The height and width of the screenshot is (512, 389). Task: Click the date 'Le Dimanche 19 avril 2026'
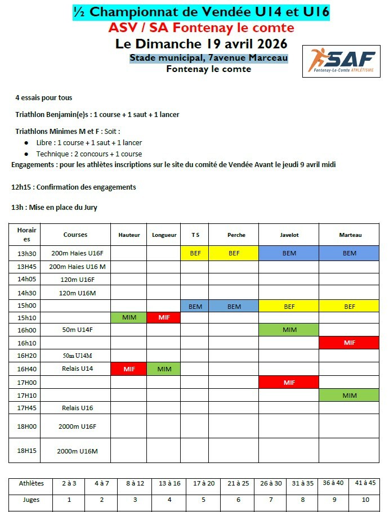[201, 43]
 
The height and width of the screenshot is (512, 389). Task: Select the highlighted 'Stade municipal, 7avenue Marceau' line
[208, 58]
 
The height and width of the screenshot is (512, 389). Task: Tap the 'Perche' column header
[234, 235]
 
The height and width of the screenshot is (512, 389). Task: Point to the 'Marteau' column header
[350, 235]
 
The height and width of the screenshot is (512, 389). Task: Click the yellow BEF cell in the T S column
[195, 253]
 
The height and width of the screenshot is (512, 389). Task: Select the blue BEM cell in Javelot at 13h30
[289, 253]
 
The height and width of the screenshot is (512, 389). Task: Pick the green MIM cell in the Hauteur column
[129, 318]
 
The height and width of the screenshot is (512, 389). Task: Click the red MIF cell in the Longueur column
[164, 318]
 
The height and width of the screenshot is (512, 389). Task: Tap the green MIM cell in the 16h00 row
[289, 330]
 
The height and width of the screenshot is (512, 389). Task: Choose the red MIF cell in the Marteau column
[350, 343]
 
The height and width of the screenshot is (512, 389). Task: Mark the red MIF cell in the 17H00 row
[289, 383]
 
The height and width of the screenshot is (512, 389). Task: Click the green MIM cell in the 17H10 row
[350, 396]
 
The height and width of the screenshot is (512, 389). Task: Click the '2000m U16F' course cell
[75, 426]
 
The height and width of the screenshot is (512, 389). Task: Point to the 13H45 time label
[26, 267]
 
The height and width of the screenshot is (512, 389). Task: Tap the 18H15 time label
[26, 451]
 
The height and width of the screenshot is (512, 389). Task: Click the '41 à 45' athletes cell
[365, 483]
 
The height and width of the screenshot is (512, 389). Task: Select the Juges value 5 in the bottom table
[203, 499]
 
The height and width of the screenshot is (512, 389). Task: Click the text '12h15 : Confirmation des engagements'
[74, 187]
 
